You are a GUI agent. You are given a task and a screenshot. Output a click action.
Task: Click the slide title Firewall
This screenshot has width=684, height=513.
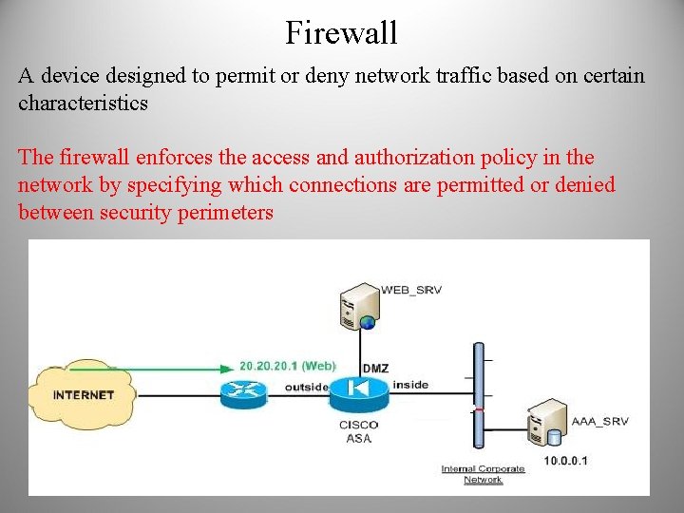point(341,33)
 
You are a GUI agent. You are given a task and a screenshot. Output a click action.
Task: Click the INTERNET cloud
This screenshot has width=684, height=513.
point(83,394)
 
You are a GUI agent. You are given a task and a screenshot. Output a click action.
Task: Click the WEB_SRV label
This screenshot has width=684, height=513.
point(411,290)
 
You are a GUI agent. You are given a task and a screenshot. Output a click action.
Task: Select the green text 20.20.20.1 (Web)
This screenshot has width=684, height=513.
point(287,365)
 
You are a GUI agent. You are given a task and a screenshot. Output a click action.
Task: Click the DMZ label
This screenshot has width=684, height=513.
point(375,368)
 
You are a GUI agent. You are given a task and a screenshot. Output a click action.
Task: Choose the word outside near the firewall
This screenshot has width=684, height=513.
point(306,387)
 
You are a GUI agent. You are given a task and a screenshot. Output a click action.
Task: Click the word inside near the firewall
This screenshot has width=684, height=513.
point(410,385)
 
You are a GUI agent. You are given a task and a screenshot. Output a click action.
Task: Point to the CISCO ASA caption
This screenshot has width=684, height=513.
point(358,431)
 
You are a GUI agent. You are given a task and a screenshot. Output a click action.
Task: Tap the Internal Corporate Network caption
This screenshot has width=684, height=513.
point(483,473)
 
